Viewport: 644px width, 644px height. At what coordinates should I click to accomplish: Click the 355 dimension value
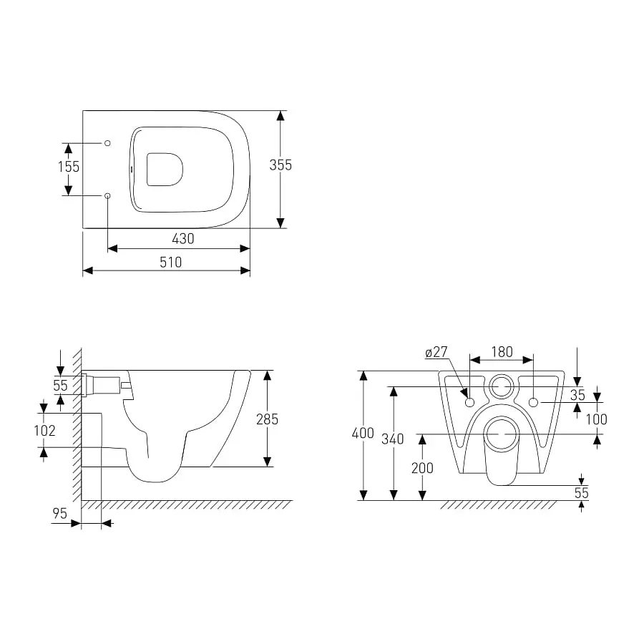click(x=280, y=165)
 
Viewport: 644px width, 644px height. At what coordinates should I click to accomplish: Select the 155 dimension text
click(x=69, y=167)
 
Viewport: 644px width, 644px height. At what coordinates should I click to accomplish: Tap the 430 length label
click(x=182, y=238)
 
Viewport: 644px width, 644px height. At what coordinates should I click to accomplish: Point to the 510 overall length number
click(x=170, y=262)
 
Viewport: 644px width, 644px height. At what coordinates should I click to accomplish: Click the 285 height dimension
click(x=267, y=419)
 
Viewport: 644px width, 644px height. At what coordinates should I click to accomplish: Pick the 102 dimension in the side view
click(x=45, y=431)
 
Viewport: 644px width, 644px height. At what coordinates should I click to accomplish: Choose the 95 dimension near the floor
click(x=59, y=513)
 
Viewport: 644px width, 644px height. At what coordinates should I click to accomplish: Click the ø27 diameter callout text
click(x=436, y=352)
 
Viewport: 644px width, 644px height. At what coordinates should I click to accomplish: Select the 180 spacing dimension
click(x=502, y=352)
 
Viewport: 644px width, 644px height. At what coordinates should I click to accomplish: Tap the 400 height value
click(x=363, y=434)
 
